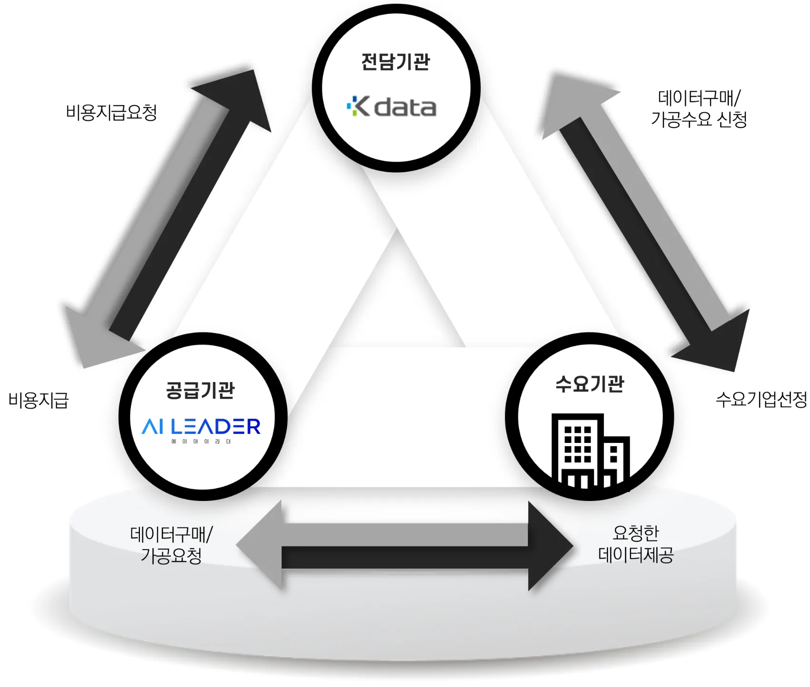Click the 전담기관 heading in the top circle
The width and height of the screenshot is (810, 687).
(395, 62)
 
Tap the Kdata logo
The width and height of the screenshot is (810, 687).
(392, 107)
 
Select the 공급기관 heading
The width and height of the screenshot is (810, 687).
(200, 390)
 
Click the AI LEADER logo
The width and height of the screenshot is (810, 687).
(201, 426)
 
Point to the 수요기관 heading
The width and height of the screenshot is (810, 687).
(590, 383)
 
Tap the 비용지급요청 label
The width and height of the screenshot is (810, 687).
(111, 113)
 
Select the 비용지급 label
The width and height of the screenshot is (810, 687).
(39, 400)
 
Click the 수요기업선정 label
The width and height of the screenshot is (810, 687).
(761, 399)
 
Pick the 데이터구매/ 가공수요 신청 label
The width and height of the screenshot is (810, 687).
(699, 108)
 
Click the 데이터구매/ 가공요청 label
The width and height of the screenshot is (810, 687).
(171, 545)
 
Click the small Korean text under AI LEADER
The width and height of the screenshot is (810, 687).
(201, 442)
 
